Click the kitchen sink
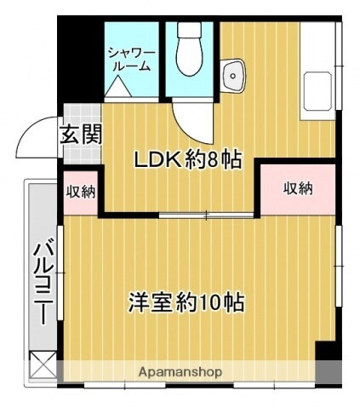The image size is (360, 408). coord(318,90)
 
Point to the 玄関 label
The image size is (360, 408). coord(81,134)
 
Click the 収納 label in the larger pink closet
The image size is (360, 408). coord(298,188)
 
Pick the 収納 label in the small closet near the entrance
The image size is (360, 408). coord(81,191)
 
